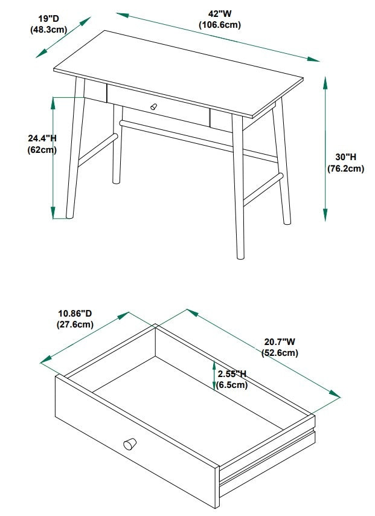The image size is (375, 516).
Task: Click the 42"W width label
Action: (220, 14)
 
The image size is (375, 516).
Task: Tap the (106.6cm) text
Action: (220, 25)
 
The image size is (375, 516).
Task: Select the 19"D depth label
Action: (49, 19)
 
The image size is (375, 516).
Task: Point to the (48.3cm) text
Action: (49, 30)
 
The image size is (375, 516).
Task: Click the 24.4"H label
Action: (42, 138)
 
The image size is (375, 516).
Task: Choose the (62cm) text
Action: (42, 150)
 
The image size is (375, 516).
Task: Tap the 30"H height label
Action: (346, 157)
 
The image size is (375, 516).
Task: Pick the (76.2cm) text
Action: (346, 169)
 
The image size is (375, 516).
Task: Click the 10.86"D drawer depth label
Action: (75, 313)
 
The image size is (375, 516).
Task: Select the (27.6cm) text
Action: (75, 324)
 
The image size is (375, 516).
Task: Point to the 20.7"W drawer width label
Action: (280, 341)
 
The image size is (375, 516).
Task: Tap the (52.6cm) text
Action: (280, 353)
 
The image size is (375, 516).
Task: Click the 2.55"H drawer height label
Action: (232, 374)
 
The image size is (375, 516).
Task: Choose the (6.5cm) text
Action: (232, 385)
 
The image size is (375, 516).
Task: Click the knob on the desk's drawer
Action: (153, 106)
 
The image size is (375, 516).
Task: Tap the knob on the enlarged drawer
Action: (130, 443)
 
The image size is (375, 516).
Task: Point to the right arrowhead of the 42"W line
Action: (313, 59)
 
